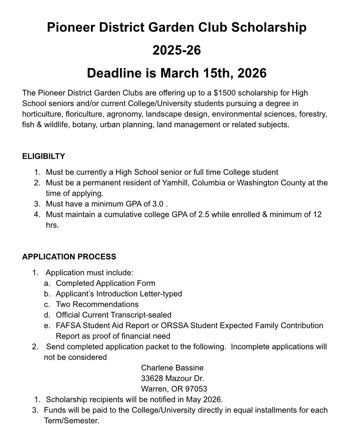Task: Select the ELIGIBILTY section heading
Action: tap(44, 156)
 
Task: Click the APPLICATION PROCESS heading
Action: tap(69, 257)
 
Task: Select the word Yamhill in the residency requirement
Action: tap(175, 183)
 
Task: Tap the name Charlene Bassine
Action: tap(172, 368)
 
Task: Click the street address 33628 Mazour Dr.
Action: tap(172, 378)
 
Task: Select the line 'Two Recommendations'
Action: tap(97, 304)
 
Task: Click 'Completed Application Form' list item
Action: tap(106, 283)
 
